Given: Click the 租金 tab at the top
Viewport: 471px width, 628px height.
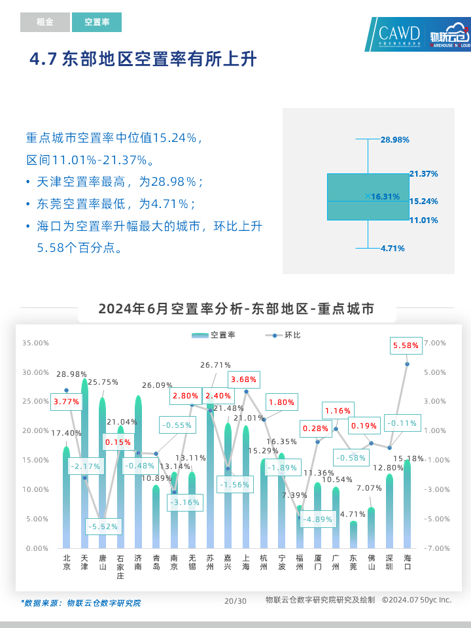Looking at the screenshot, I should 44,22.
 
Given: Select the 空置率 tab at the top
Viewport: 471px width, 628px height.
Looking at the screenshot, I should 97,22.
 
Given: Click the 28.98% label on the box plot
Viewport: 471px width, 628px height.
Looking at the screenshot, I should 394,140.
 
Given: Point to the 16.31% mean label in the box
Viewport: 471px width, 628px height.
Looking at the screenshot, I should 385,196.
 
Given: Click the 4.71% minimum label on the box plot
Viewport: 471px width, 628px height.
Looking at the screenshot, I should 392,249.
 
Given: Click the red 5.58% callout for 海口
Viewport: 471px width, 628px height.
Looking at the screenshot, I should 406,345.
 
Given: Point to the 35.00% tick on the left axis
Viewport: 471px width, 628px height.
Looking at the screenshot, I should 35,343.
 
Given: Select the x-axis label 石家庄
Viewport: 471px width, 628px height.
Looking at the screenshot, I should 120,567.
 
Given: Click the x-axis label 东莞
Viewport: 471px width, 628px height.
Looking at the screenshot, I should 353,563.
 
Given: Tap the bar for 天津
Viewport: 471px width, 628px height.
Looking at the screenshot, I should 84,464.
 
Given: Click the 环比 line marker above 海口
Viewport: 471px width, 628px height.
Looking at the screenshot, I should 407,364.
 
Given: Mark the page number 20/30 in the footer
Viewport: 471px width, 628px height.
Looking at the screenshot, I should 235,601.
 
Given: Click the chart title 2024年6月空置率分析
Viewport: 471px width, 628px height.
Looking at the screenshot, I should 236,309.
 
